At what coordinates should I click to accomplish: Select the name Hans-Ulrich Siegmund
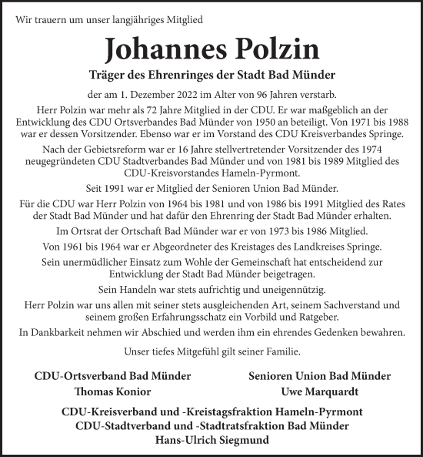tap(211, 440)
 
